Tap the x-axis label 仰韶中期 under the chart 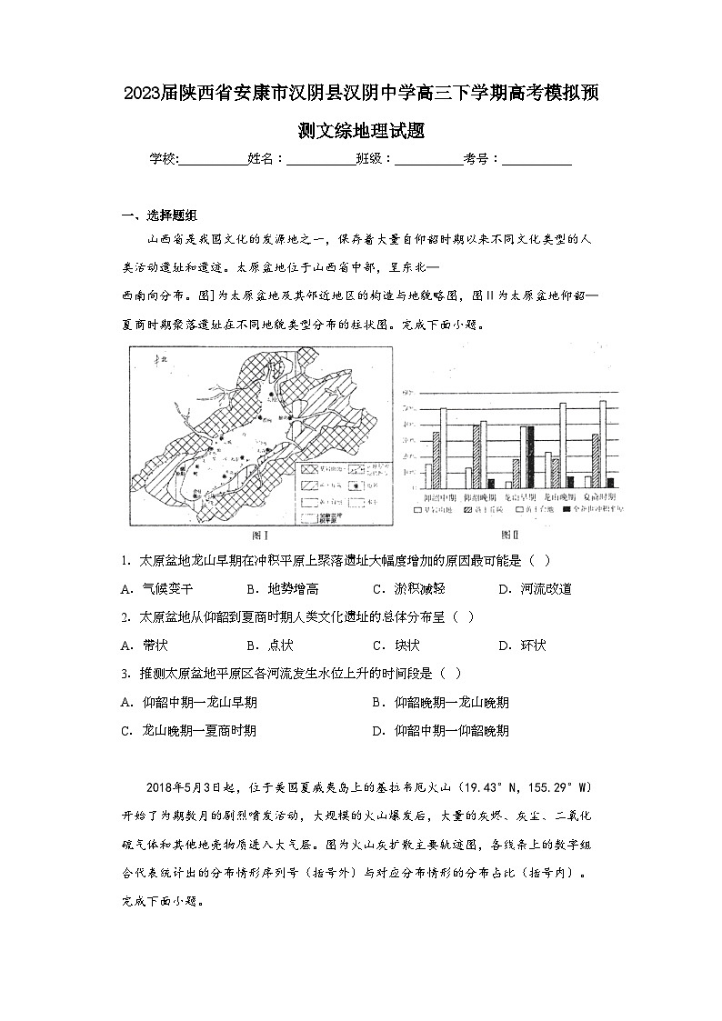pyautogui.click(x=441, y=498)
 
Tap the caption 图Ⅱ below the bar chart pyautogui.click(x=510, y=536)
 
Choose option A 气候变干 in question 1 pyautogui.click(x=156, y=589)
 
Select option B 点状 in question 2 pyautogui.click(x=269, y=646)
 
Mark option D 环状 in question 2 pyautogui.click(x=522, y=646)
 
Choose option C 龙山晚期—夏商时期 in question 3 pyautogui.click(x=187, y=730)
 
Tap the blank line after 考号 pyautogui.click(x=536, y=159)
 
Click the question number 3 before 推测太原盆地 pyautogui.click(x=124, y=674)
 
